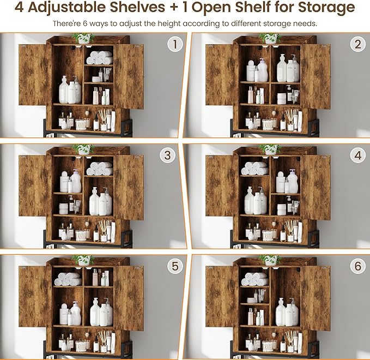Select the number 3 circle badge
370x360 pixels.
(168, 155)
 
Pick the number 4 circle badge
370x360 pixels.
(357, 155)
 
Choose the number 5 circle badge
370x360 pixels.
(175, 267)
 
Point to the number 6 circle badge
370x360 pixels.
(357, 267)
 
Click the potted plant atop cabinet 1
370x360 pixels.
(83, 38)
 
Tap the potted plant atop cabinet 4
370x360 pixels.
(270, 149)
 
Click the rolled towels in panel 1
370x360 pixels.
(99, 57)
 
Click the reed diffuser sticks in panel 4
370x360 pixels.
(291, 225)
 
